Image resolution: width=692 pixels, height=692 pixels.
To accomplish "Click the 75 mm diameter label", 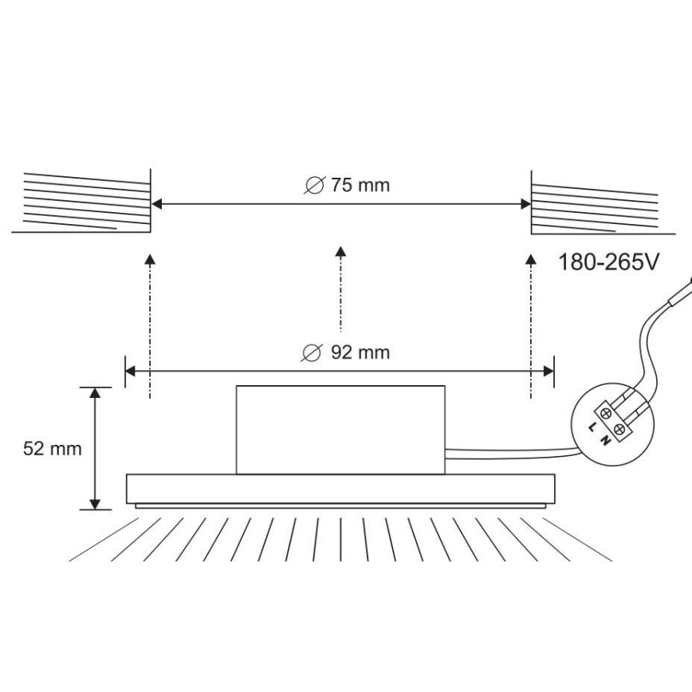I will pos(348,186).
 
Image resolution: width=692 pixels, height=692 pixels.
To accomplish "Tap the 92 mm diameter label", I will pos(348,352).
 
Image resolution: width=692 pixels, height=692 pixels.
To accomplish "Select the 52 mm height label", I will pos(53,448).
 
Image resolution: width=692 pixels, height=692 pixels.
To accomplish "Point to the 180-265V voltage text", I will pos(610,261).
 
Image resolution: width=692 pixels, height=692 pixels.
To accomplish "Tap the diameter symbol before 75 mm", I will pos(314,186).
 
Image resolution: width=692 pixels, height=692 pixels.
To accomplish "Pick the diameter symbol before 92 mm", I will pos(314,352).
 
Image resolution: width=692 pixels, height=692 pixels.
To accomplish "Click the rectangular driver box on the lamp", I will pos(340,429).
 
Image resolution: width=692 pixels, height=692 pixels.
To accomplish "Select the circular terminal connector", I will pos(614,423).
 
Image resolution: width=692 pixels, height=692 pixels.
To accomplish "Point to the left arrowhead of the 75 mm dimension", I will pos(157,204).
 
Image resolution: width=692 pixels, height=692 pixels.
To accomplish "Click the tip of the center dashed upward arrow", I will pos(341,250).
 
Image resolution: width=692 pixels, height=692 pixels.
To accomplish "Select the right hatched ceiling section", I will pos(594,206).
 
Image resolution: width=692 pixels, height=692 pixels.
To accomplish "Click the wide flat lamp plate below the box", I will pos(340,488).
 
